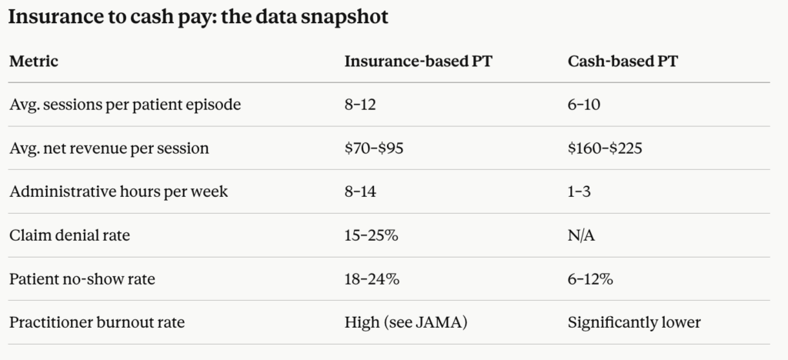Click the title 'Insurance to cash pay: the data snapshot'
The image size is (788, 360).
199,17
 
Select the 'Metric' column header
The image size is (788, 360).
34,62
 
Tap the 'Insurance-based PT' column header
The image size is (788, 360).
418,62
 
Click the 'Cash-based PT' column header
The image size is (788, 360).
623,62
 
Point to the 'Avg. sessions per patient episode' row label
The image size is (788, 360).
125,105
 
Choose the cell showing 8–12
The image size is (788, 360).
360,105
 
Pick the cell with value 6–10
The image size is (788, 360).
584,105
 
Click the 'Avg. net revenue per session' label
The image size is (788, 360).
109,148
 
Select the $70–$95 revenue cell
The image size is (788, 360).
374,148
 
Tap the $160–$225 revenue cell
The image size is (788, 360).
605,148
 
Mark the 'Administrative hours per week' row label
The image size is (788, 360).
119,192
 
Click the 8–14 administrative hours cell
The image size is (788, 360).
360,192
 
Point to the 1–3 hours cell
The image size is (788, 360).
579,192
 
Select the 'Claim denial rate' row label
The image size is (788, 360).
70,235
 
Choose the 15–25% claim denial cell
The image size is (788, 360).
372,235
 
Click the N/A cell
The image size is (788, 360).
582,235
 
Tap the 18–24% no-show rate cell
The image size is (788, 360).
372,278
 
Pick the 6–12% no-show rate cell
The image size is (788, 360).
590,278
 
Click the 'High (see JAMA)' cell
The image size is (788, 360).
406,322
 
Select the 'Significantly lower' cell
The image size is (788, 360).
634,323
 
